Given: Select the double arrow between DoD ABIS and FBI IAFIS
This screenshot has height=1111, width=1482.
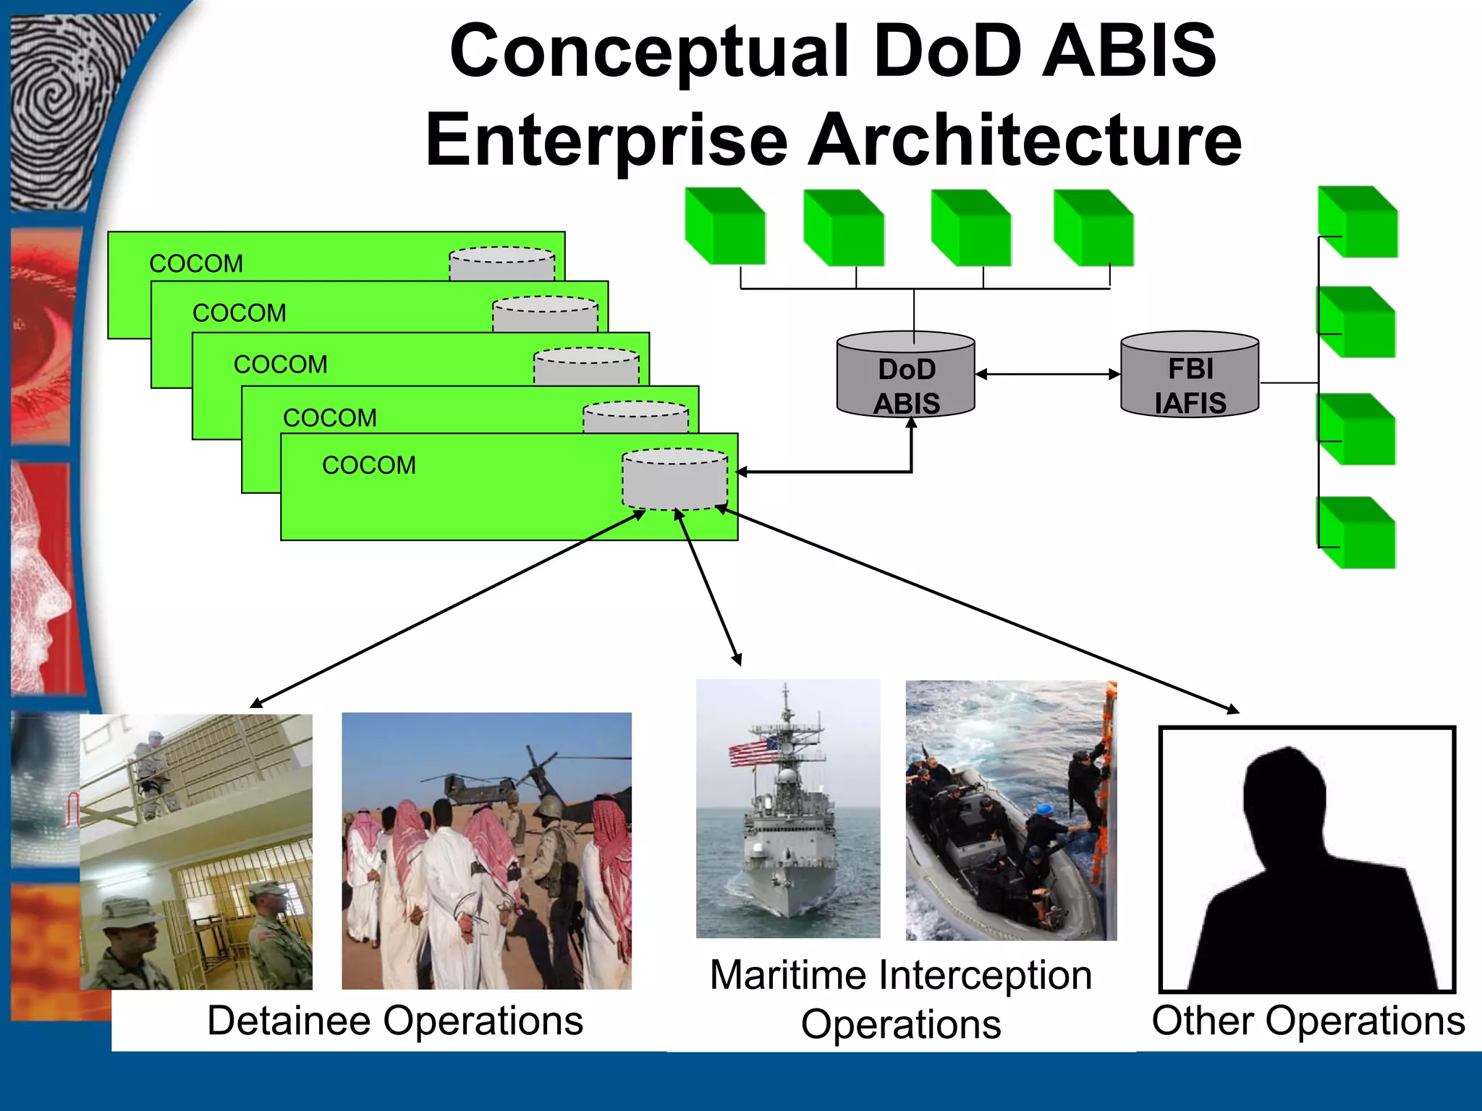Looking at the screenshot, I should [x=1047, y=374].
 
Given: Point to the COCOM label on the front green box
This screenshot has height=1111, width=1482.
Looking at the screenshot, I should [x=368, y=465].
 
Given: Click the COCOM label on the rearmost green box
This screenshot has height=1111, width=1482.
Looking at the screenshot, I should [x=196, y=263].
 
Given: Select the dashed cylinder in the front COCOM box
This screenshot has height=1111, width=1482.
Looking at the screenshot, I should [x=674, y=480].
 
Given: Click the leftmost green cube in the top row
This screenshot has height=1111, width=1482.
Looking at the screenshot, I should [x=724, y=226].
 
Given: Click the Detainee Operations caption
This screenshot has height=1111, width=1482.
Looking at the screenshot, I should [x=395, y=1021].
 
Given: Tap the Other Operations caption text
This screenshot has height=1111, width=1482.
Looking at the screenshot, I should [x=1308, y=1021].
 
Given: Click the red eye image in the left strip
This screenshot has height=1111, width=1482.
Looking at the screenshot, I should [x=43, y=333].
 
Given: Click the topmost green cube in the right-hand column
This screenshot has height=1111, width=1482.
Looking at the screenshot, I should [x=1358, y=222].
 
